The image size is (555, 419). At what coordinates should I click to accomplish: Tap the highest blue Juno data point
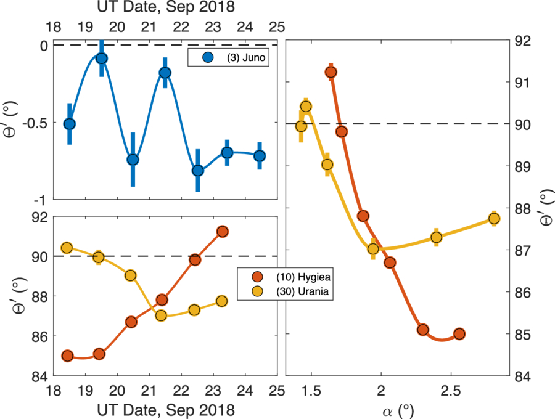[x=102, y=59]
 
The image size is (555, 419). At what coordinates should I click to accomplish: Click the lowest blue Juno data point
[x=198, y=171]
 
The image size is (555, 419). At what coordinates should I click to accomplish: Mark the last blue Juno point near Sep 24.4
[x=260, y=156]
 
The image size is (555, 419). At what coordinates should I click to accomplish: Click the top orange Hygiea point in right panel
[x=331, y=73]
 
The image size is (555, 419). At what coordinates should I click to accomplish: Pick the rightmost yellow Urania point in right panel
[x=494, y=219]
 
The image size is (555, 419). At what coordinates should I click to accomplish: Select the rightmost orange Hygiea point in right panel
[x=459, y=334]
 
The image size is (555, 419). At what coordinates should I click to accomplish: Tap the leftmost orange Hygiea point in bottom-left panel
[x=68, y=356]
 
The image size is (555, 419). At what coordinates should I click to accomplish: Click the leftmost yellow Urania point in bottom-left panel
[x=67, y=248]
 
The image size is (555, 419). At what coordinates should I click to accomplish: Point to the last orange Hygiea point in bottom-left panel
[x=223, y=231]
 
